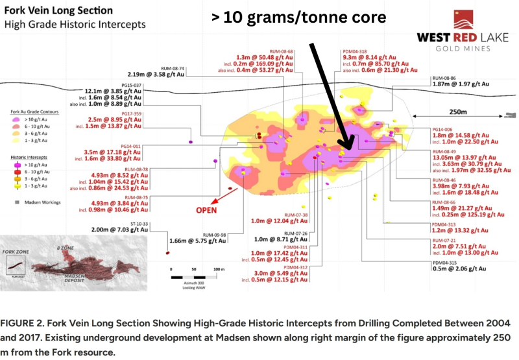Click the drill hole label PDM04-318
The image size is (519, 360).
point(354,51)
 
